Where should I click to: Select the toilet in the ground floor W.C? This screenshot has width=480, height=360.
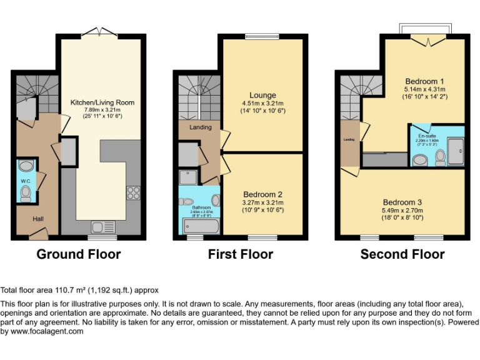pos(26,194)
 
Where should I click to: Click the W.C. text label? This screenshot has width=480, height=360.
pos(25,181)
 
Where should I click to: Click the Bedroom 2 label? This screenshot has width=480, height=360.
pos(262,194)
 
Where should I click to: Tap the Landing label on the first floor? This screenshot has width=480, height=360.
pos(201,127)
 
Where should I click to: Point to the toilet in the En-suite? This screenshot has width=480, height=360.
pos(440,156)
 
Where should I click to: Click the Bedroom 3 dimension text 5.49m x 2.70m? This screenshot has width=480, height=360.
pos(402,211)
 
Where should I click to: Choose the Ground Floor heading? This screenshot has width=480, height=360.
pos(79,254)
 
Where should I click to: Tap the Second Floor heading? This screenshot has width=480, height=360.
pos(402,254)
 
